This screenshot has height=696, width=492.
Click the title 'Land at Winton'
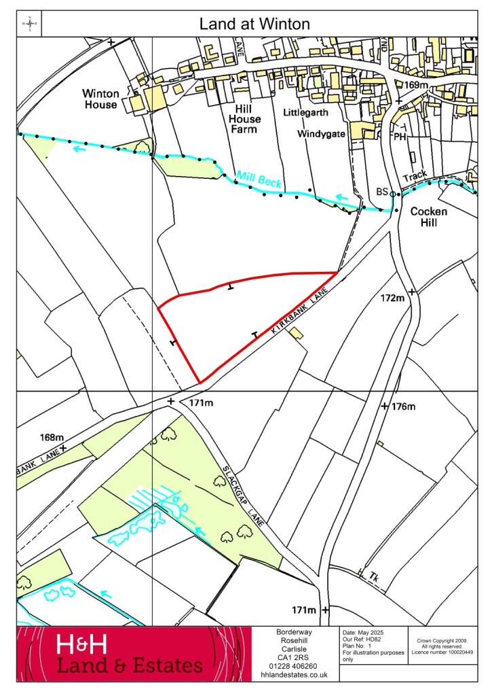(x=254, y=24)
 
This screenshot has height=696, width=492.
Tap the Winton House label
(x=100, y=99)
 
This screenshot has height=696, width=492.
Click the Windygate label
(x=321, y=134)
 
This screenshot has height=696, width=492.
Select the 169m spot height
(x=417, y=86)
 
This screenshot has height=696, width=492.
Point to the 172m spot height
(x=393, y=298)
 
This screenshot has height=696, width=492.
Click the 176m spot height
(x=403, y=406)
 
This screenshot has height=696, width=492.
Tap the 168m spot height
(x=52, y=437)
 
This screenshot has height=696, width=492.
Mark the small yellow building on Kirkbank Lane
(x=295, y=332)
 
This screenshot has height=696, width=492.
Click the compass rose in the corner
(x=30, y=24)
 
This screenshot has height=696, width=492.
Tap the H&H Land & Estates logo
(x=129, y=655)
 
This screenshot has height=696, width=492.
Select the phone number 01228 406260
(x=295, y=665)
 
